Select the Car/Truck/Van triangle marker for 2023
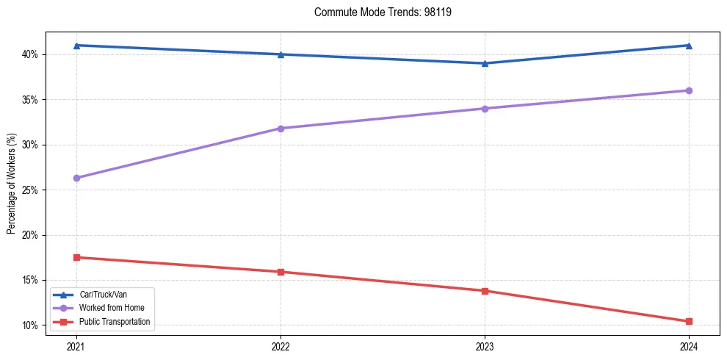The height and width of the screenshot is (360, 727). pos(485,63)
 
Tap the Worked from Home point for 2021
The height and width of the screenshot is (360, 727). pos(76,178)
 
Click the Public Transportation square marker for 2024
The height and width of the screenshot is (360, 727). pos(689,321)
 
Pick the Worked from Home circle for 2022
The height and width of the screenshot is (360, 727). pos(281,129)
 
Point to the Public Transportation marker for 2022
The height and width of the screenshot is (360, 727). pos(281,272)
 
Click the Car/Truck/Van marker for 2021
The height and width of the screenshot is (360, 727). pos(76,46)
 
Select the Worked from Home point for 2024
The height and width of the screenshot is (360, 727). pos(689,90)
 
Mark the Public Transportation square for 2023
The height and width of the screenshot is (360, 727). pos(485,291)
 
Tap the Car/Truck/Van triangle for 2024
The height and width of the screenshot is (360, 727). pos(689,46)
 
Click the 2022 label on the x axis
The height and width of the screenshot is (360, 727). pos(281,345)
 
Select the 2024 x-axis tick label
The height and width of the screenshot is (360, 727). pos(689,345)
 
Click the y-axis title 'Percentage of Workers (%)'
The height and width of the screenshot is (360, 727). pos(11,183)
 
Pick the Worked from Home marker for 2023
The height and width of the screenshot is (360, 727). pos(485,109)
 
